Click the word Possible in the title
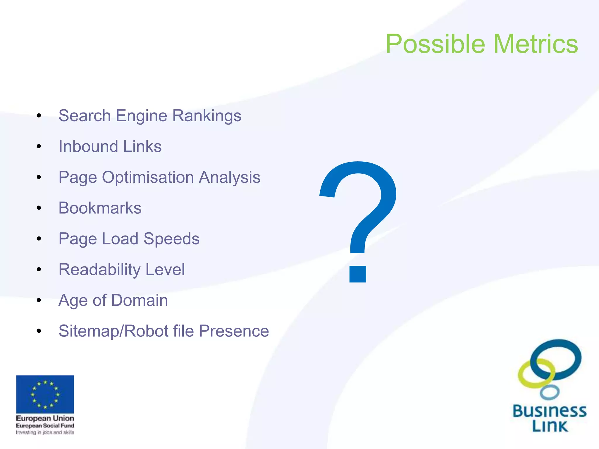pos(436,44)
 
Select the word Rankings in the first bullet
pos(206,116)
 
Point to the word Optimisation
pos(148,177)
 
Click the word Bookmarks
pos(100,208)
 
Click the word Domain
pos(140,300)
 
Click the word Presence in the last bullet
pos(234,331)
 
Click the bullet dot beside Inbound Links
pos(39,146)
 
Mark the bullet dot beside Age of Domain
pos(39,301)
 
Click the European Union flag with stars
pos(45,394)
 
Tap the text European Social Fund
pos(45,426)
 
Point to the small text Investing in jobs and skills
pos(45,432)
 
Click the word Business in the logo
pos(550,411)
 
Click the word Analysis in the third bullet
pos(230,177)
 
